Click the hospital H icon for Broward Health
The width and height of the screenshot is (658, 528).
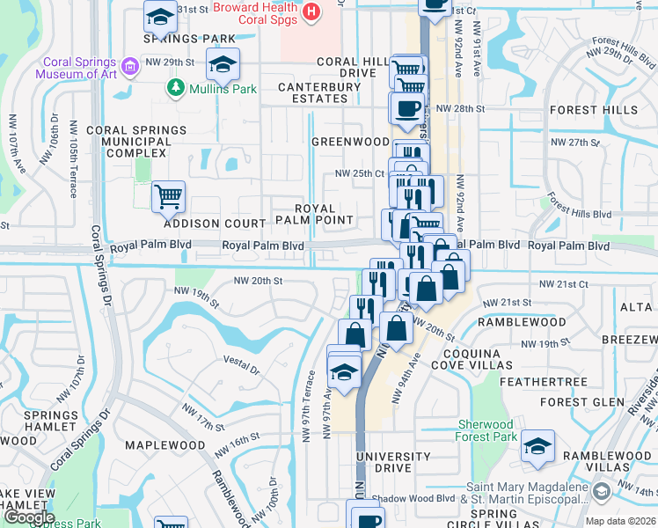pos(311,11)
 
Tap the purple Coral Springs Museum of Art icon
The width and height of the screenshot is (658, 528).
pos(130,67)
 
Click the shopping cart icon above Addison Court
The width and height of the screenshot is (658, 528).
pos(168,196)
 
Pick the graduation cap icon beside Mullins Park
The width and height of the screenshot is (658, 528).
pos(223,62)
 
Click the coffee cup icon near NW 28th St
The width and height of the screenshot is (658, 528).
pos(406,108)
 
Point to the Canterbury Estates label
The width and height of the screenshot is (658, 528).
pos(319,93)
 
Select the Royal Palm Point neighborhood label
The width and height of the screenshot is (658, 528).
pos(314,214)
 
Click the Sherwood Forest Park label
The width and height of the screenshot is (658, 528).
pos(486,430)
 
